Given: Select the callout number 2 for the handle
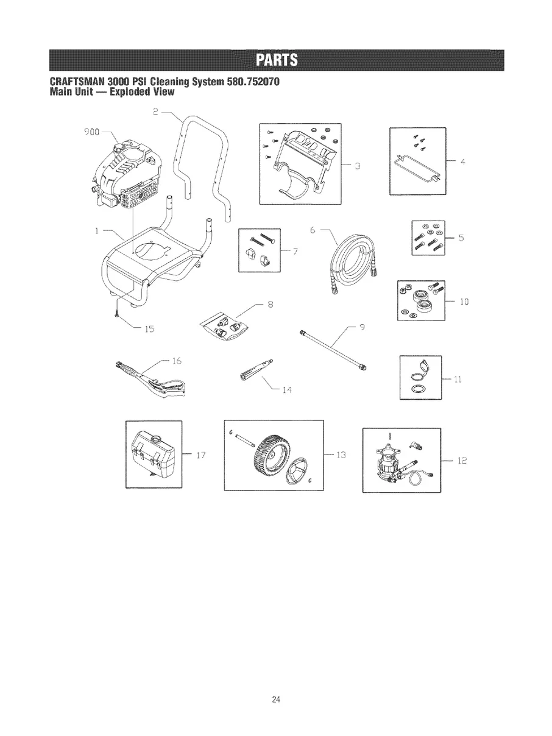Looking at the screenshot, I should coord(155,111).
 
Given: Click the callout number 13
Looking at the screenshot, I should coord(341,454).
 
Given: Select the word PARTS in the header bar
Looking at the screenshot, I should coord(275,60).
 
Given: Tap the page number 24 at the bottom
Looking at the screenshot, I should coord(275,699).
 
